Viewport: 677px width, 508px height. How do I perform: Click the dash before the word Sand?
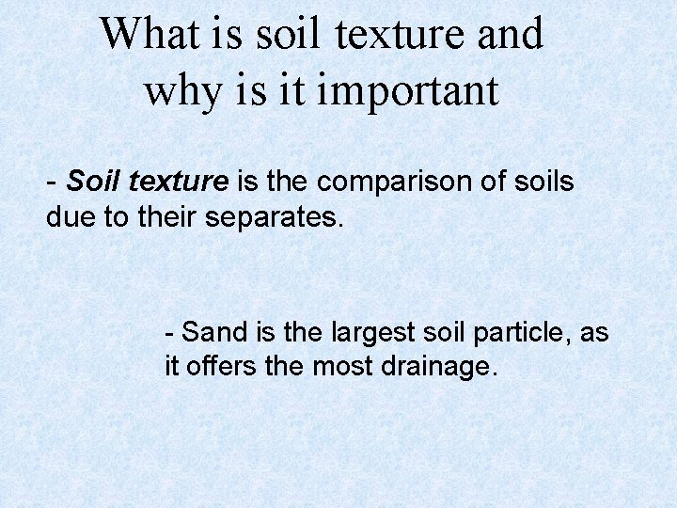pos(169,332)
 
